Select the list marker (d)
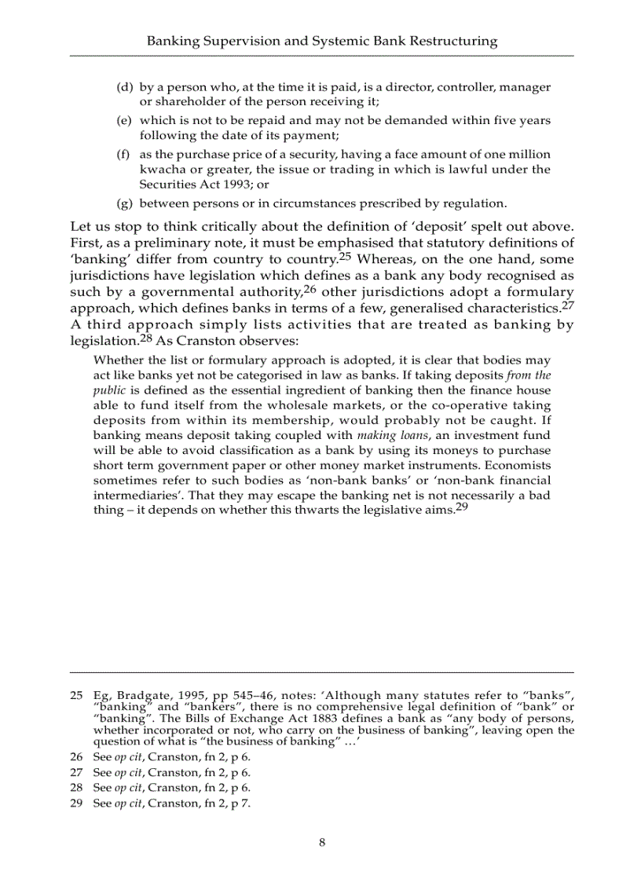(124, 87)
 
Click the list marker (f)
(123, 154)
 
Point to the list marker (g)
(124, 203)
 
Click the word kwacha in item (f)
(162, 170)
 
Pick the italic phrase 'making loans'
(384, 435)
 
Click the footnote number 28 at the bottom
(76, 787)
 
